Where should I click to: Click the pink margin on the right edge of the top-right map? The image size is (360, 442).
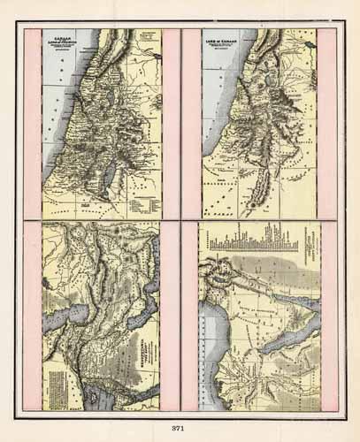point(327,124)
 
